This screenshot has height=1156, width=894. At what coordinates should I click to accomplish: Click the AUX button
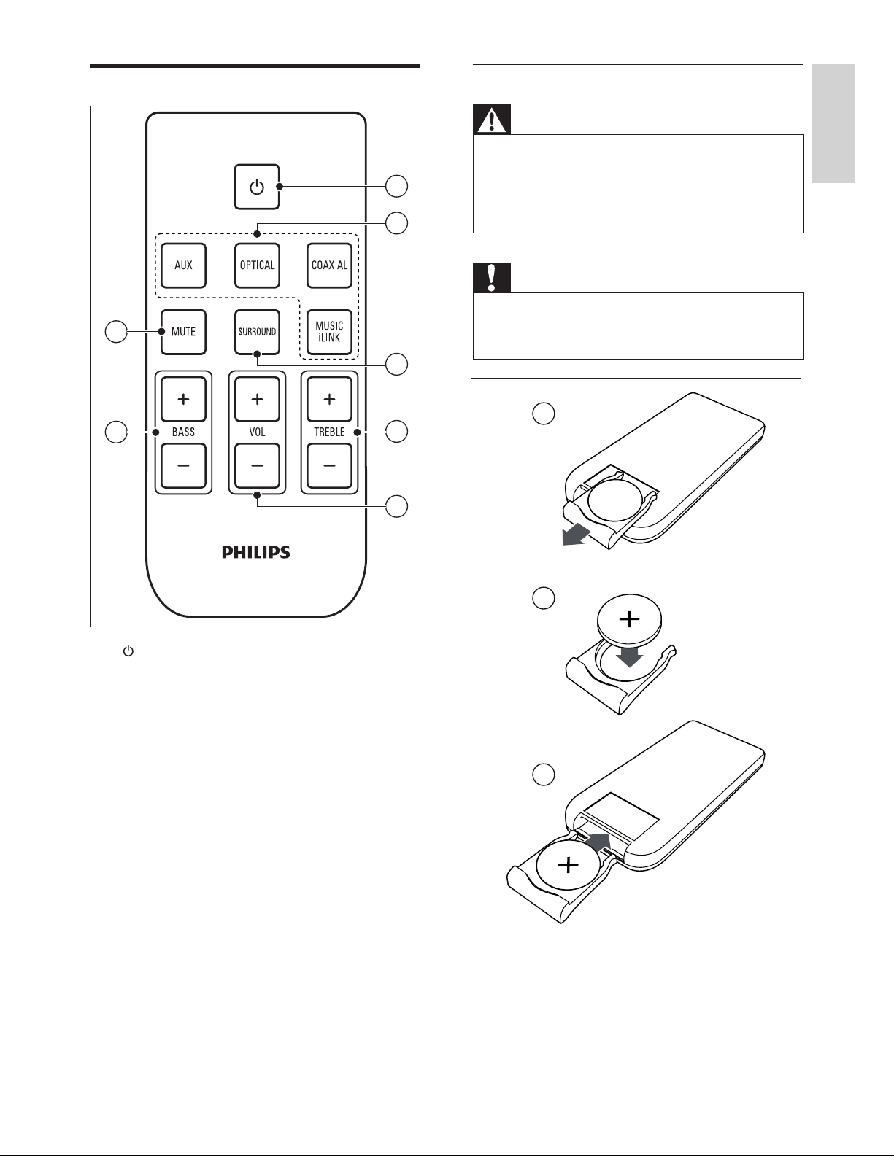tap(183, 265)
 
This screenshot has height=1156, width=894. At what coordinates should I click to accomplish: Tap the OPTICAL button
tap(257, 265)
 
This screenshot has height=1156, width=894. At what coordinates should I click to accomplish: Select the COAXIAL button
tap(329, 265)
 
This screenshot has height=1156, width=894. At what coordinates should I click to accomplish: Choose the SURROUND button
tap(257, 332)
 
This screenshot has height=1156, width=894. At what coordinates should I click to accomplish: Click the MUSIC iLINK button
tap(329, 332)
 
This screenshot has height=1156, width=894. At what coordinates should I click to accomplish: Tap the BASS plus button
tap(183, 399)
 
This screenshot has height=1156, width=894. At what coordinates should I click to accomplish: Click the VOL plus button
tap(257, 399)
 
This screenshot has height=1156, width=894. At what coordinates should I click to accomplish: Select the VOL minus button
tap(257, 465)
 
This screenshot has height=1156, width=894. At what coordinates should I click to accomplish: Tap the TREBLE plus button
tap(329, 399)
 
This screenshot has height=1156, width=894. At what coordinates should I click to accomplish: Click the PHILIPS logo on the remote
tap(256, 552)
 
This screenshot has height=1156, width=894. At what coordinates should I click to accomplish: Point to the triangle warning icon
tap(492, 120)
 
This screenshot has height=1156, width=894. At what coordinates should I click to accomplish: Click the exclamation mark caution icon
tap(492, 278)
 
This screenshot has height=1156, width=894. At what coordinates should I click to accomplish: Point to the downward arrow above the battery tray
tap(630, 656)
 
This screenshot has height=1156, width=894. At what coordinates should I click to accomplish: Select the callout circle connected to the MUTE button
tap(116, 332)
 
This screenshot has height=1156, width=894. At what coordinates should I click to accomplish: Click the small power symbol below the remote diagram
tap(128, 651)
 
